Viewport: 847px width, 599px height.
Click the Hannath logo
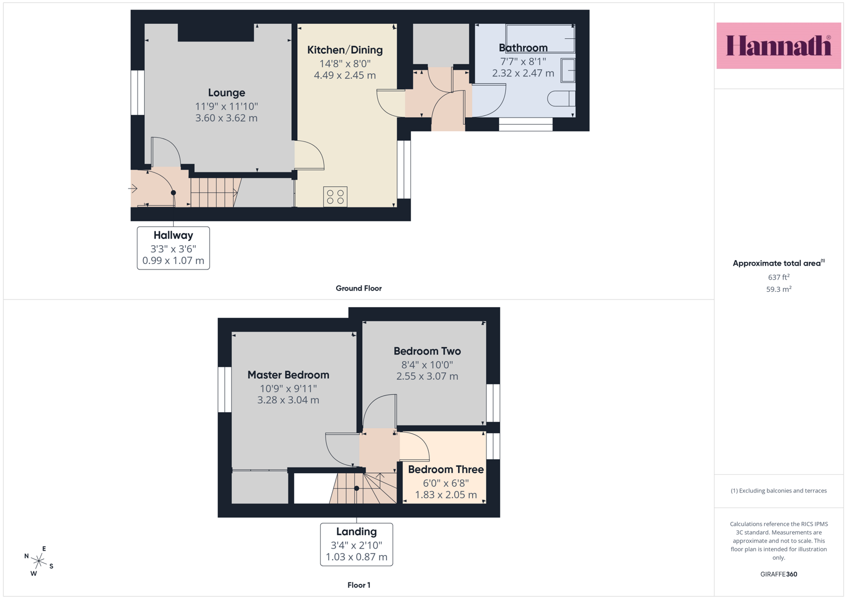[x=779, y=45]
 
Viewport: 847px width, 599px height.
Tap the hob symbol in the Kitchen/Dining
[x=335, y=197]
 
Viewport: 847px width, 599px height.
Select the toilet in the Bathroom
[x=561, y=99]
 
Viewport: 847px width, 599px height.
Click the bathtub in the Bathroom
[x=540, y=39]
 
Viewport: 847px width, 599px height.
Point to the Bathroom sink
[x=568, y=70]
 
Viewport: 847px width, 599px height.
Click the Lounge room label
[x=226, y=93]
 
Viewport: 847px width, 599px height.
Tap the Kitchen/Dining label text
[x=345, y=50]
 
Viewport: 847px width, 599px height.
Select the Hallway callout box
[x=173, y=248]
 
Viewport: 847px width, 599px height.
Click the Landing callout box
[x=356, y=545]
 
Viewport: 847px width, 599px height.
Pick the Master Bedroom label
[x=288, y=375]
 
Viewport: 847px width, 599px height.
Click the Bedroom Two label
[x=427, y=351]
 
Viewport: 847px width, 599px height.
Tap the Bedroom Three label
[x=446, y=469]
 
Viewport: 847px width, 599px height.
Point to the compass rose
[x=39, y=561]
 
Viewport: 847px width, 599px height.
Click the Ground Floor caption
[x=358, y=288]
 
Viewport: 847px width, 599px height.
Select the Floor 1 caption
[x=359, y=585]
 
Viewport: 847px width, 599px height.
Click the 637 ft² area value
[x=779, y=277]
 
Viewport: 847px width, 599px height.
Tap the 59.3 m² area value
[x=779, y=289]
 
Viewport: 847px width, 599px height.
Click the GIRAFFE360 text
[x=779, y=574]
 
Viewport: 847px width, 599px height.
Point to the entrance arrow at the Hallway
[x=133, y=188]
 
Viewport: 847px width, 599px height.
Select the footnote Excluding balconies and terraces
[x=779, y=490]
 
